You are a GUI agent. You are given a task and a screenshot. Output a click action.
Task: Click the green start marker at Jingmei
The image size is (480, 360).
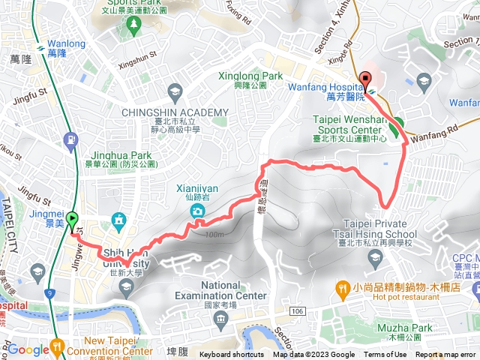coord(73,220)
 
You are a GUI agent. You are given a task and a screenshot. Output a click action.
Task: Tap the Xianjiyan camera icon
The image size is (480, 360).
coord(197,211)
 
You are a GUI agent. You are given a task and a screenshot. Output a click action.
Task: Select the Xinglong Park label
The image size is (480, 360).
coord(250,76)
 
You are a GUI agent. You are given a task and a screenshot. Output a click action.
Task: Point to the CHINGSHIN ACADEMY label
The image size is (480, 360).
coord(174,112)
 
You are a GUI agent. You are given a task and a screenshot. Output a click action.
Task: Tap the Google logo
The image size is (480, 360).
coord(28,349)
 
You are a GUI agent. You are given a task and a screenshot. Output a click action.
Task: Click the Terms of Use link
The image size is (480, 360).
coord(385,355)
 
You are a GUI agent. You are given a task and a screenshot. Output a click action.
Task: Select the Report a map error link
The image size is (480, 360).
coord(447,355)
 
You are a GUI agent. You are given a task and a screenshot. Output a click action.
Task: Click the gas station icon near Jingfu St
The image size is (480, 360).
coord(70,139)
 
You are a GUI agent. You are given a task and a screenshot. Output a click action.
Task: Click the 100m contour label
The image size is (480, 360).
coord(213,234)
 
